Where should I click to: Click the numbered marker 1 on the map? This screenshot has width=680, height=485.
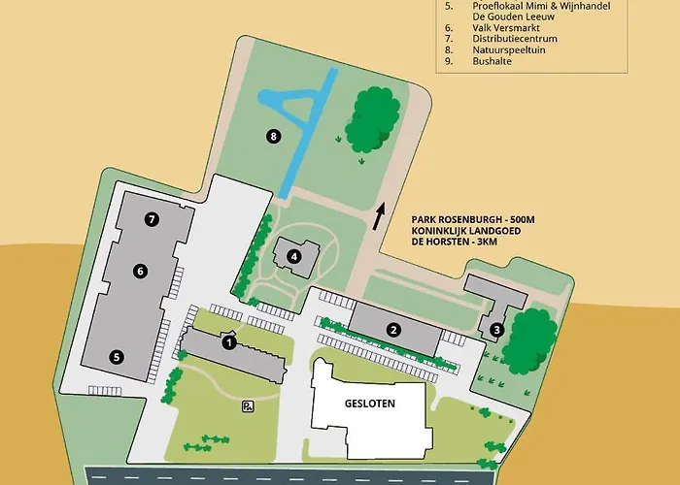pyautogui.click(x=229, y=340)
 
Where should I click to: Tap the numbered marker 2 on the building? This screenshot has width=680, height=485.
pyautogui.click(x=393, y=330)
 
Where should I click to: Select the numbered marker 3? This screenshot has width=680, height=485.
pyautogui.click(x=495, y=330)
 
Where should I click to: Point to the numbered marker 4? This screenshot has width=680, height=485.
pyautogui.click(x=292, y=257)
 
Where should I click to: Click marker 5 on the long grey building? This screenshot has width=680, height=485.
pyautogui.click(x=117, y=356)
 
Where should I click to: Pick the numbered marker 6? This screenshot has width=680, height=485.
pyautogui.click(x=141, y=271)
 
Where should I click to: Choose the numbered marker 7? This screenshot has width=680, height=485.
pyautogui.click(x=152, y=219)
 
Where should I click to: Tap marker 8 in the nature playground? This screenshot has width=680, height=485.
pyautogui.click(x=274, y=136)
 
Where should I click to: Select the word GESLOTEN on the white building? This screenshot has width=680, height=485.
pyautogui.click(x=370, y=404)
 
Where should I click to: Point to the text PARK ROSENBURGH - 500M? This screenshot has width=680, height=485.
pyautogui.click(x=474, y=220)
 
